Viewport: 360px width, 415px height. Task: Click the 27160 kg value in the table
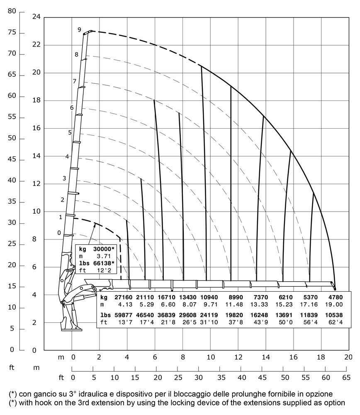click(120, 298)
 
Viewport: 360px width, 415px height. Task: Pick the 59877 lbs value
click(120, 314)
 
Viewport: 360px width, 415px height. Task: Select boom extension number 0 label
click(59, 233)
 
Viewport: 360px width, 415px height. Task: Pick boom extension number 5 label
click(70, 132)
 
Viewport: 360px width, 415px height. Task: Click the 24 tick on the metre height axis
click(36, 17)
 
